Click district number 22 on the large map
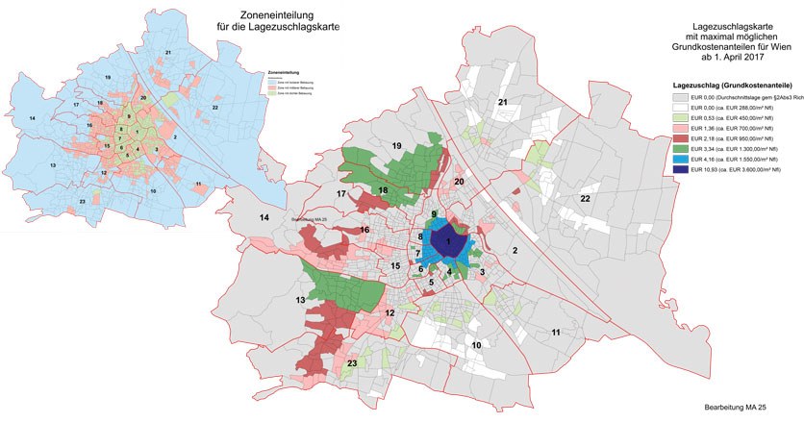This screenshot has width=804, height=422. (584, 198)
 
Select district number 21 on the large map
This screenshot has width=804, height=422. (502, 101)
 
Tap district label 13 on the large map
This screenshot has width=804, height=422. (301, 301)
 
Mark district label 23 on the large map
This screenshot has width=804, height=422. (352, 362)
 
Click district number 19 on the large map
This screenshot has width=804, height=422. (395, 144)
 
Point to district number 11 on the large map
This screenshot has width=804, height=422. (556, 332)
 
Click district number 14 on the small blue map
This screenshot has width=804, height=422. (33, 117)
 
